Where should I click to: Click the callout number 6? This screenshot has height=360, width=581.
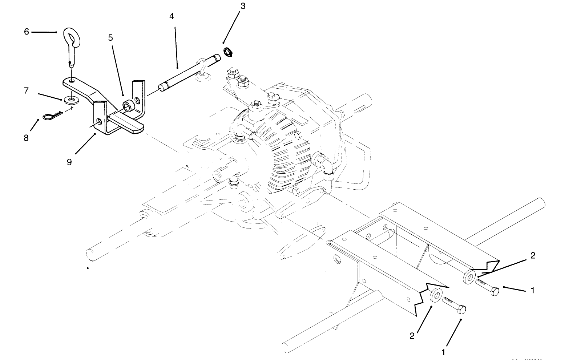point(26,32)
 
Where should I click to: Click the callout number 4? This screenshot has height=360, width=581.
point(172,16)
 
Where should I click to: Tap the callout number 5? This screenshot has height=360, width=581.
point(110,37)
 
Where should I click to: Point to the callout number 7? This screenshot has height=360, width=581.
point(26,90)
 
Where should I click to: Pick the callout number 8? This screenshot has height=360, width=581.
point(26,138)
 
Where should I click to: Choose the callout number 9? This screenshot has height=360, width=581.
point(69,162)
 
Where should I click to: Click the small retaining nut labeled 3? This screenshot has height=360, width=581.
point(228,52)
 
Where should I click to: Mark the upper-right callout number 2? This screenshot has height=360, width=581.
point(533,255)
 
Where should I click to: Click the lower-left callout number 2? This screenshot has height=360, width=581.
point(412,336)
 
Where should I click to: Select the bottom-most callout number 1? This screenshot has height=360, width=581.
point(443,352)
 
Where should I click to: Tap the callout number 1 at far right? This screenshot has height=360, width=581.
point(533,290)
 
